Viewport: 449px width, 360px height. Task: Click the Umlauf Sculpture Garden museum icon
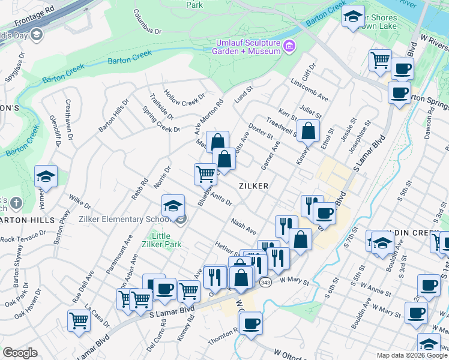coord(290,46)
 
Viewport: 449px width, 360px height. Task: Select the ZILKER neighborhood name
coord(253,186)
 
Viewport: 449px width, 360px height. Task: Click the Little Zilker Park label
coord(157,240)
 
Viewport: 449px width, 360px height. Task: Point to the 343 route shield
coord(264,281)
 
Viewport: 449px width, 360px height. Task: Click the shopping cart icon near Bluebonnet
coord(205,174)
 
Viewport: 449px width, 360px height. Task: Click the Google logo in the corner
coord(20,353)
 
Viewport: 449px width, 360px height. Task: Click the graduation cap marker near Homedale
coord(46,177)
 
